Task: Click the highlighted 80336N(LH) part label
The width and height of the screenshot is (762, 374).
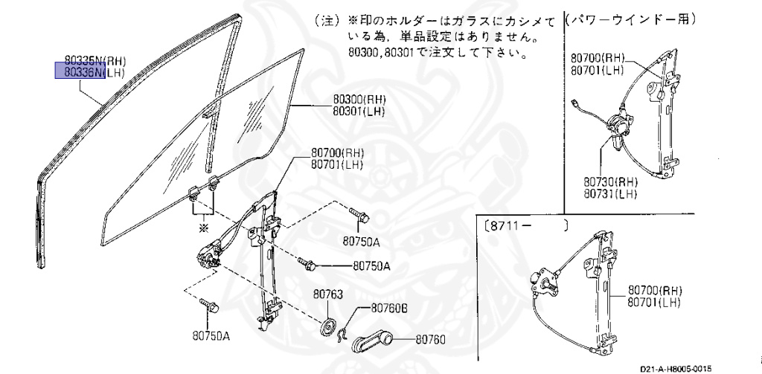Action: [x=88, y=71]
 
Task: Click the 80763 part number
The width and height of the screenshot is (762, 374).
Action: [x=327, y=294]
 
